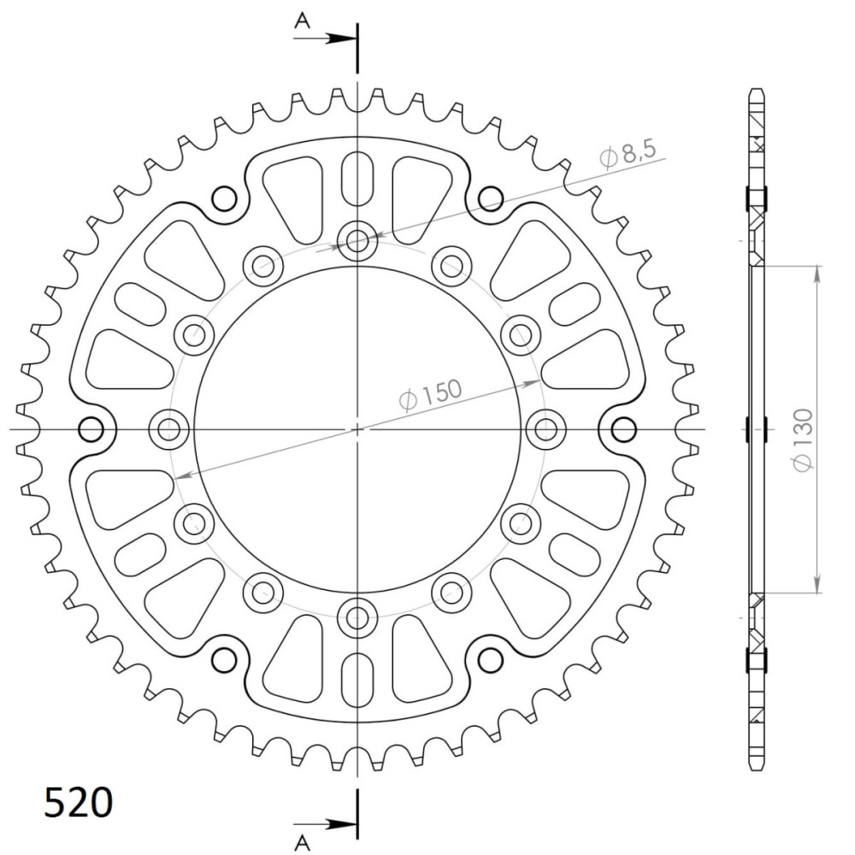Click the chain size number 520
click(78, 803)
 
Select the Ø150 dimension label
click(431, 393)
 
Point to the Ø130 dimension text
click(803, 439)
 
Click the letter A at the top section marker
click(302, 21)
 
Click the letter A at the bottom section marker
click(302, 842)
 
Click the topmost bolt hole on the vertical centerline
click(357, 239)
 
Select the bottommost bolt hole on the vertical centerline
click(357, 618)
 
